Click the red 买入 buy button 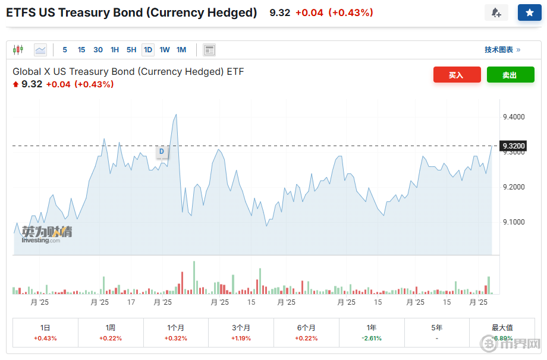pyautogui.click(x=457, y=75)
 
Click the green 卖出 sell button pyautogui.click(x=510, y=75)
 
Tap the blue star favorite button pyautogui.click(x=529, y=12)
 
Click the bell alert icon pyautogui.click(x=496, y=12)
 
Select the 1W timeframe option pyautogui.click(x=165, y=50)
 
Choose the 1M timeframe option pyautogui.click(x=181, y=50)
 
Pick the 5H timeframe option pyautogui.click(x=131, y=50)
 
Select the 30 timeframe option pyautogui.click(x=98, y=50)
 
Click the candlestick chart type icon pyautogui.click(x=18, y=50)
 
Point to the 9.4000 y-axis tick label pyautogui.click(x=514, y=117)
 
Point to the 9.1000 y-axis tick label pyautogui.click(x=514, y=222)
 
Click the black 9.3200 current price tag pyautogui.click(x=514, y=146)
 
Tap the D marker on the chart pyautogui.click(x=161, y=152)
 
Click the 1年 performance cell pyautogui.click(x=372, y=332)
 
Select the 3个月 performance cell pyautogui.click(x=241, y=332)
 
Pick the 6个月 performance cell pyautogui.click(x=306, y=332)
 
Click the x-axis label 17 pyautogui.click(x=131, y=302)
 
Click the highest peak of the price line pyautogui.click(x=176, y=115)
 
